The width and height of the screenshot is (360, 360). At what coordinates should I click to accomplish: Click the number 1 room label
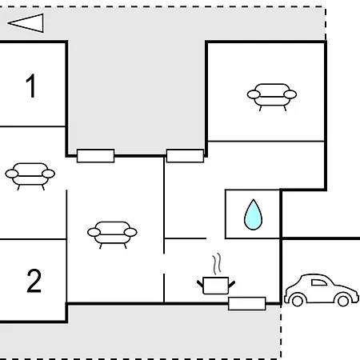31,86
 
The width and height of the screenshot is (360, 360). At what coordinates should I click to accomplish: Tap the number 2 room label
34,281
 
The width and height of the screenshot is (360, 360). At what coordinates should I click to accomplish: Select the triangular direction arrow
26,23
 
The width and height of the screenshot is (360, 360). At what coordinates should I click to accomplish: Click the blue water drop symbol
253,214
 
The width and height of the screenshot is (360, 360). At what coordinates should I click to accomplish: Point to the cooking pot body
216,286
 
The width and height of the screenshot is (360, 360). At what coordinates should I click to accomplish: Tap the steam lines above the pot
217,264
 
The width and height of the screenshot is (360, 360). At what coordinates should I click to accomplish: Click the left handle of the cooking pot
200,284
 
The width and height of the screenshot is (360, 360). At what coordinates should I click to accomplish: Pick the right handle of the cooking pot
231,284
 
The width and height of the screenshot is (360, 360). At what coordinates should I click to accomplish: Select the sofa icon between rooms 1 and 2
30,176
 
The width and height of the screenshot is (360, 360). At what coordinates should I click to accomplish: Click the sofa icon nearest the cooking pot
112,234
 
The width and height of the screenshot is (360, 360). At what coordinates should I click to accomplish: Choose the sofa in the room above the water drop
272,97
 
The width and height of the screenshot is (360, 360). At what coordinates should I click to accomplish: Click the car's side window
319,282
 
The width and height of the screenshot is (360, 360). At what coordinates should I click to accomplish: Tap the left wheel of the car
298,301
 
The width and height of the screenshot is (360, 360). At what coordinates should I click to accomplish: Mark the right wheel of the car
343,301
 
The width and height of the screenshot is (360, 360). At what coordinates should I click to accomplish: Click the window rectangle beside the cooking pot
247,303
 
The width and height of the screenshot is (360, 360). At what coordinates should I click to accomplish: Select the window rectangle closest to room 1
96,156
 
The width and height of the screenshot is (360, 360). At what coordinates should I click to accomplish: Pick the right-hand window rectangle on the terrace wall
185,156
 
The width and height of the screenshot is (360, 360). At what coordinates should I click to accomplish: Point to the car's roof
315,275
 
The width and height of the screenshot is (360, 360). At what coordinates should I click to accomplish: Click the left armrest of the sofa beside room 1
12,174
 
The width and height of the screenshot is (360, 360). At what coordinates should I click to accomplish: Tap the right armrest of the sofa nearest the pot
130,232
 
